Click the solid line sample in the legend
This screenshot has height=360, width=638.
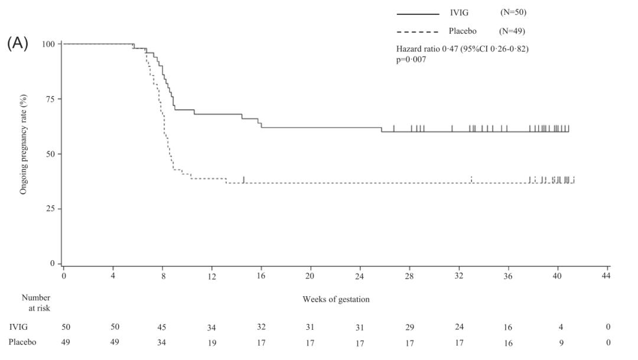point(418,14)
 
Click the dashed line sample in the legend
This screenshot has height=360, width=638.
point(418,31)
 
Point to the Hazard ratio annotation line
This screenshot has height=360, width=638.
point(462,49)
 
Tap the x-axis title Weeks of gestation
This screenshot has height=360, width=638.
point(336,299)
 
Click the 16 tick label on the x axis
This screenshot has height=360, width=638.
point(261,275)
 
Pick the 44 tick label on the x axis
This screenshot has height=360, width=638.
point(606,275)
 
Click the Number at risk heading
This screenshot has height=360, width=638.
point(36,303)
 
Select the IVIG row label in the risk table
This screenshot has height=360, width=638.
point(18,327)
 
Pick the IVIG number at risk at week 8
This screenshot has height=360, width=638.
point(162,327)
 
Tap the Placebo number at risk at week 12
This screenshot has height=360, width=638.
point(211,342)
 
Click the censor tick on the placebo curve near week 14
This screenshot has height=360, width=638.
point(243,180)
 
